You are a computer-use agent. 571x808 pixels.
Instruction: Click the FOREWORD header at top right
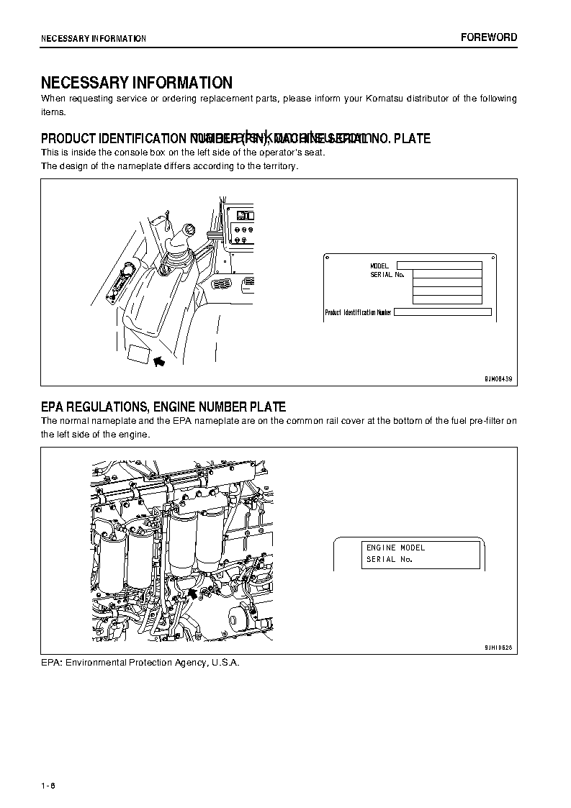click(489, 37)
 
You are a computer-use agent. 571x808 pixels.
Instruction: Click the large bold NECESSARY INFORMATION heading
click(136, 83)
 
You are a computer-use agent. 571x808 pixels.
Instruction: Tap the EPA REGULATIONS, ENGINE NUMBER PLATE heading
click(163, 407)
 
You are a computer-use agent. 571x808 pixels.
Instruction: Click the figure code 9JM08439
click(498, 378)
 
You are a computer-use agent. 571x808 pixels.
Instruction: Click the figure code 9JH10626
click(498, 648)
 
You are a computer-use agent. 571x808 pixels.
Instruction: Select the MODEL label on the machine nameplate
click(379, 266)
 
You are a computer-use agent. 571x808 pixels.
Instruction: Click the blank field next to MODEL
click(439, 265)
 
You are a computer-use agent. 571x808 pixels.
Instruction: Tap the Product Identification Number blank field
click(443, 312)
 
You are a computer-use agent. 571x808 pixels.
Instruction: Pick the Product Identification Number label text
click(359, 313)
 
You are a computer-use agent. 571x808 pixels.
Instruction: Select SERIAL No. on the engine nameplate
click(389, 559)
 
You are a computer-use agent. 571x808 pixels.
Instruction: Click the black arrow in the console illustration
click(159, 360)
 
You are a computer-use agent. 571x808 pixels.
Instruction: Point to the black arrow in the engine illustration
click(193, 591)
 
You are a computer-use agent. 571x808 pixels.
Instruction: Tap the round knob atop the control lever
click(189, 231)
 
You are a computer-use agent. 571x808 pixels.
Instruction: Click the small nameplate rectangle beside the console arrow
click(138, 354)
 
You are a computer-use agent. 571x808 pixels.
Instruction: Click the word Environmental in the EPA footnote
click(98, 662)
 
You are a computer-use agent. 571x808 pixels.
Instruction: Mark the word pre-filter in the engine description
click(485, 421)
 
